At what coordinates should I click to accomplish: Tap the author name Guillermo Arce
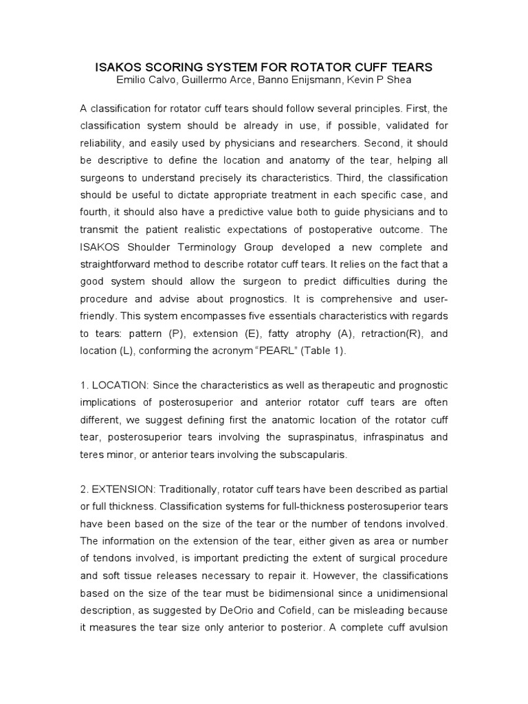[x=226, y=80]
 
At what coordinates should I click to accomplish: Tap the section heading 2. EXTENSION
[x=118, y=488]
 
